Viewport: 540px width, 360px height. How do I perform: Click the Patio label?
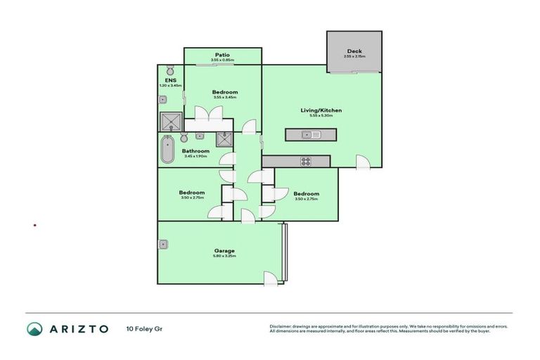coord(223,55)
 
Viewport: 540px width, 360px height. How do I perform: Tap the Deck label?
coord(354,51)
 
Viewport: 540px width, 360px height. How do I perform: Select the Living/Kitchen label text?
coord(321,110)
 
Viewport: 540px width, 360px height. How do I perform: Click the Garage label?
coord(225,251)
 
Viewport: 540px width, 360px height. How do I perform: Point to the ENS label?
coord(170,80)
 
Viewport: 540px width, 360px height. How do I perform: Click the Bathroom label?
coord(195,151)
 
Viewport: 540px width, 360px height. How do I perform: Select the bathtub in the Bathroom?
coord(167,150)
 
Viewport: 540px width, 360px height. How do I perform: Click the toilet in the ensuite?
coord(170,71)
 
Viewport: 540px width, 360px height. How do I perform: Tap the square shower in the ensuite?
coord(171,123)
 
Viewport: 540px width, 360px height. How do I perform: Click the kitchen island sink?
coord(307,134)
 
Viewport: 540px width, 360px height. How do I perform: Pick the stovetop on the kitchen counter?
coord(306,161)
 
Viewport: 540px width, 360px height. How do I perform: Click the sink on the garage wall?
coord(163,244)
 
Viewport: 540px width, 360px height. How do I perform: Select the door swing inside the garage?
coord(270,278)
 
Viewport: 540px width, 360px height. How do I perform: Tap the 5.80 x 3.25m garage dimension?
coord(225,257)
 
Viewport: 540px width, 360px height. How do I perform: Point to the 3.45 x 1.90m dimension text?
coord(195,156)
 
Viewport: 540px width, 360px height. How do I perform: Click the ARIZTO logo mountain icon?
coord(34,329)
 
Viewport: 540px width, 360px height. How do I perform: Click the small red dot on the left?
coord(35,226)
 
